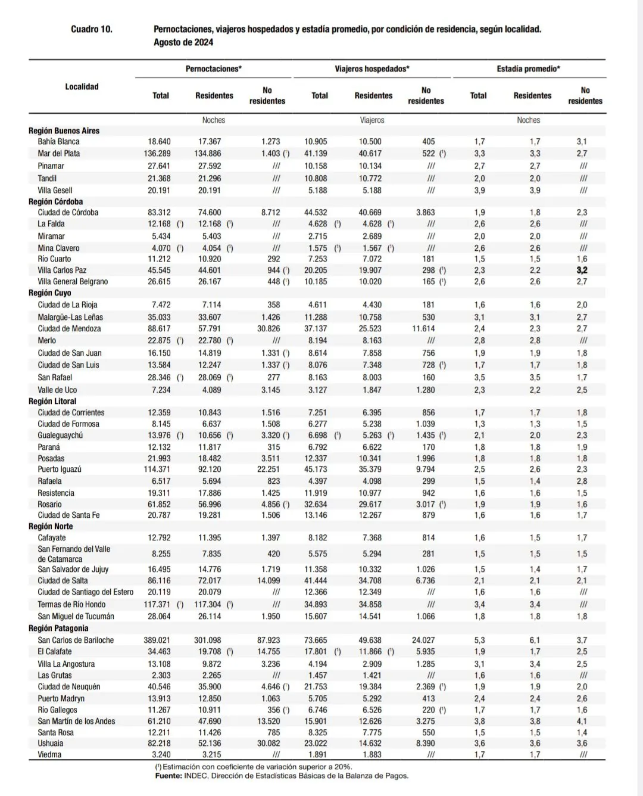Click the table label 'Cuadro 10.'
(91, 29)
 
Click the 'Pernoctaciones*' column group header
(213, 69)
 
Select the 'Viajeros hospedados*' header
(372, 69)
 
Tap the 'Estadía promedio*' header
(528, 69)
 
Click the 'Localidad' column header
(82, 87)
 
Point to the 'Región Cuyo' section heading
(50, 293)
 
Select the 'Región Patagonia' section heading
(58, 629)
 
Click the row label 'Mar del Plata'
(58, 154)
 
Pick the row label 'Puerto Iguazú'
(60, 469)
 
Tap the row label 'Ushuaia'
(50, 744)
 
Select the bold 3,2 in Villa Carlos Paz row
(582, 270)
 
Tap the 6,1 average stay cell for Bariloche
(535, 640)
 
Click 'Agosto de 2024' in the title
(183, 42)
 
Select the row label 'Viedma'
(49, 755)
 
